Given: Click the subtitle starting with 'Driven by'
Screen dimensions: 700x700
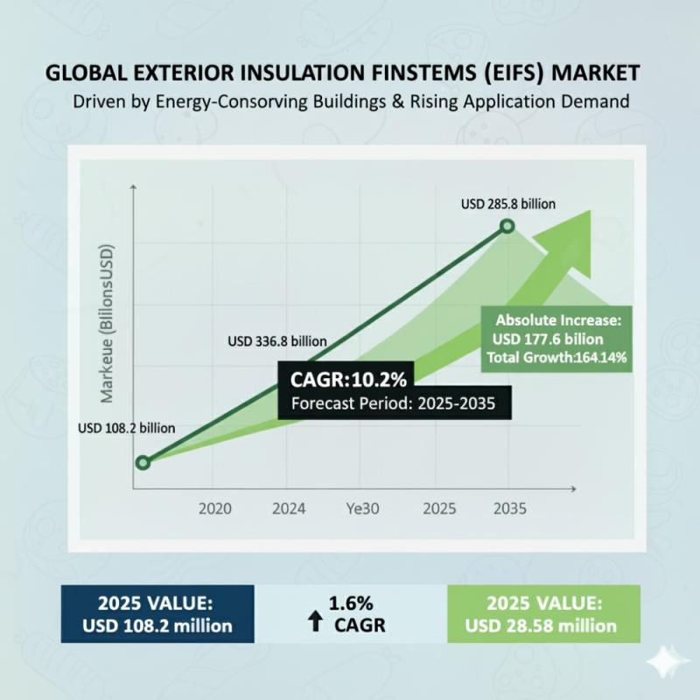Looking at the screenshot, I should click(350, 101).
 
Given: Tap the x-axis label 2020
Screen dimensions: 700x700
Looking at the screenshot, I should click(216, 507).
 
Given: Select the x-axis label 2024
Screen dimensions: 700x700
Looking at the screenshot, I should click(289, 507).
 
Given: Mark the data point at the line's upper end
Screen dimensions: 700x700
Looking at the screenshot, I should click(507, 227).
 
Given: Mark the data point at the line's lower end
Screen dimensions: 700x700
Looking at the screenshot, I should click(143, 462).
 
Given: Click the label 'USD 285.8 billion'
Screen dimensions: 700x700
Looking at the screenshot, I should click(508, 205).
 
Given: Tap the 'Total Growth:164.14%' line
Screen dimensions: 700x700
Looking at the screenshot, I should click(549, 358).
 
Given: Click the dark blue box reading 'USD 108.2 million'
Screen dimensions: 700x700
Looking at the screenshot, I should click(157, 614).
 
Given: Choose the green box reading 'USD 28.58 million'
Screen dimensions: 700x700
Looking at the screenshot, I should click(542, 614).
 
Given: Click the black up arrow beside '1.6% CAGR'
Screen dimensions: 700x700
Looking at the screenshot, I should click(315, 623).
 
